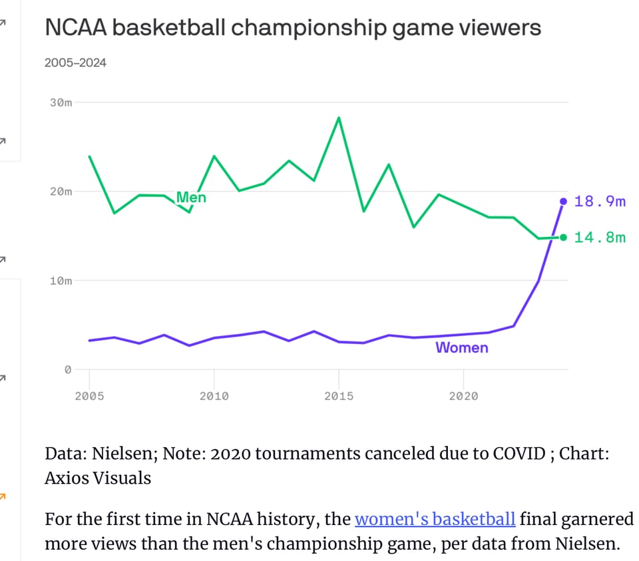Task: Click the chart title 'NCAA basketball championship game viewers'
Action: [x=292, y=28]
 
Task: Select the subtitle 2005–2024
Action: [x=75, y=63]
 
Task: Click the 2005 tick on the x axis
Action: [x=89, y=397]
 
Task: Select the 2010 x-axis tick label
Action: [x=214, y=397]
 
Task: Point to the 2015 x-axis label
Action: [x=339, y=397]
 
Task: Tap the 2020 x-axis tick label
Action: [x=463, y=397]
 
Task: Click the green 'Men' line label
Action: [x=191, y=198]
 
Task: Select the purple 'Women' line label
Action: [x=461, y=347]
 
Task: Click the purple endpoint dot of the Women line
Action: [x=564, y=201]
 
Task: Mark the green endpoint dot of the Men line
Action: [x=564, y=238]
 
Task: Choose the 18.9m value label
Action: [x=600, y=202]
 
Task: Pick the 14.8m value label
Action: [x=600, y=238]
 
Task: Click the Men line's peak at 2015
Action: [x=339, y=118]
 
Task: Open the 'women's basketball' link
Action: [x=435, y=519]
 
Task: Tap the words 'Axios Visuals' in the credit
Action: [x=98, y=478]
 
